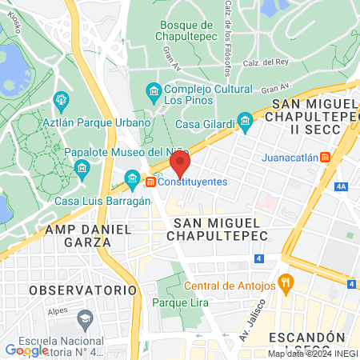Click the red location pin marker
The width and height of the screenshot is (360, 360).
(180, 165)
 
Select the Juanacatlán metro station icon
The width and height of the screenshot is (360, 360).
(325, 158)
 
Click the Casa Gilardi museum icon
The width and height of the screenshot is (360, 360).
(246, 122)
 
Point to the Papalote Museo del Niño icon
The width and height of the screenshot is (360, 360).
(81, 168)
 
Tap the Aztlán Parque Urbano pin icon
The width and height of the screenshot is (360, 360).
(58, 101)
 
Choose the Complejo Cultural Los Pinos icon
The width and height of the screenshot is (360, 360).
(153, 94)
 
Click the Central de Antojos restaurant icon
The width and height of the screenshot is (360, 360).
(286, 282)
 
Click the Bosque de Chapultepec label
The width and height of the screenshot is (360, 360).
(186, 31)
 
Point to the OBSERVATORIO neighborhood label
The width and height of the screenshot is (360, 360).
(82, 289)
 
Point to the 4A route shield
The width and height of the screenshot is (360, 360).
(342, 186)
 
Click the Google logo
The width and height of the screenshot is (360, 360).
(26, 350)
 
